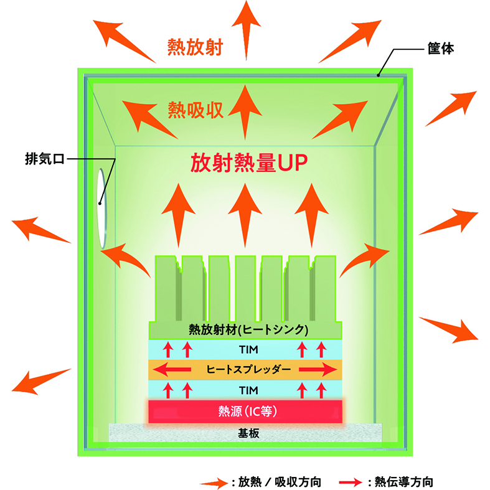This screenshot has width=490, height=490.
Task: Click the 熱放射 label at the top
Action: point(195,47)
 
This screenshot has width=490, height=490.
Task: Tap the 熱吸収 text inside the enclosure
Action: point(196,110)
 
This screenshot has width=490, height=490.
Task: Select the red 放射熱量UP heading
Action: point(249,163)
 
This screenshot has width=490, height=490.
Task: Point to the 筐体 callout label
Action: point(441,49)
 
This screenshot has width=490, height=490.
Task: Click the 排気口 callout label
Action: point(45,159)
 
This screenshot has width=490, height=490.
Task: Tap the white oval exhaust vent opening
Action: point(102,209)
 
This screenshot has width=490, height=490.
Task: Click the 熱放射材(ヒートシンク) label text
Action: point(248,330)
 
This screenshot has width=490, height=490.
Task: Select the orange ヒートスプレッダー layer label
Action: point(248,369)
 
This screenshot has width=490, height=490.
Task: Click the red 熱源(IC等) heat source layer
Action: point(245,412)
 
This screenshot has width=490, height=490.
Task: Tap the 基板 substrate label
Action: point(248,433)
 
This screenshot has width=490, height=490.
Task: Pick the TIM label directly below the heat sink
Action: point(248,350)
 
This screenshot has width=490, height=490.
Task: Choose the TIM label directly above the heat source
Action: point(248,390)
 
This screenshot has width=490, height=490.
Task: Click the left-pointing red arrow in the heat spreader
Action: point(172,370)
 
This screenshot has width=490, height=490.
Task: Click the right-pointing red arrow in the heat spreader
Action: point(318,370)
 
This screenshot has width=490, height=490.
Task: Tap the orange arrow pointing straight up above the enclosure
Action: point(247,31)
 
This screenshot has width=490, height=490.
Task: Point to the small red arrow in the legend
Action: point(351,482)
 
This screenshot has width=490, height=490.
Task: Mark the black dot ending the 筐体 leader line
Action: point(378,75)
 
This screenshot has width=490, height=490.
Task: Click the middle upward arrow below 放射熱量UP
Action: point(245,215)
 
